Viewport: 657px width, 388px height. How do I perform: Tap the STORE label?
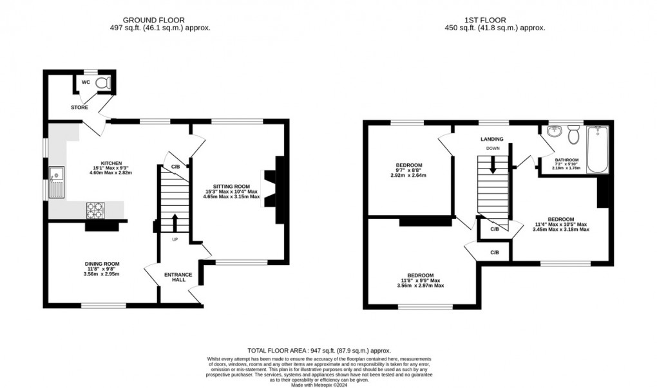(x=80, y=107)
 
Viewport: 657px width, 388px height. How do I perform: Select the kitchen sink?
(x=57, y=181)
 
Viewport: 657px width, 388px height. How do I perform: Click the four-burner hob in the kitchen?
(x=96, y=209)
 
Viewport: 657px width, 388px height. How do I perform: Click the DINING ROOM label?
(x=102, y=264)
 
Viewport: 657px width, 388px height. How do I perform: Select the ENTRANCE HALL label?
(x=178, y=277)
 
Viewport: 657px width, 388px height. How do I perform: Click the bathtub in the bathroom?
(x=597, y=150)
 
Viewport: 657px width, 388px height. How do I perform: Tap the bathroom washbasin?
(x=554, y=133)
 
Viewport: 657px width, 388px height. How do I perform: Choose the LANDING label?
(x=491, y=139)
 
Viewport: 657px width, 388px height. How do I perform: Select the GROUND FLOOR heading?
(x=160, y=19)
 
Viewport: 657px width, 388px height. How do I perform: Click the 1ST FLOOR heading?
(x=495, y=19)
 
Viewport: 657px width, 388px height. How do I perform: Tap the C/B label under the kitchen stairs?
(x=175, y=167)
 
